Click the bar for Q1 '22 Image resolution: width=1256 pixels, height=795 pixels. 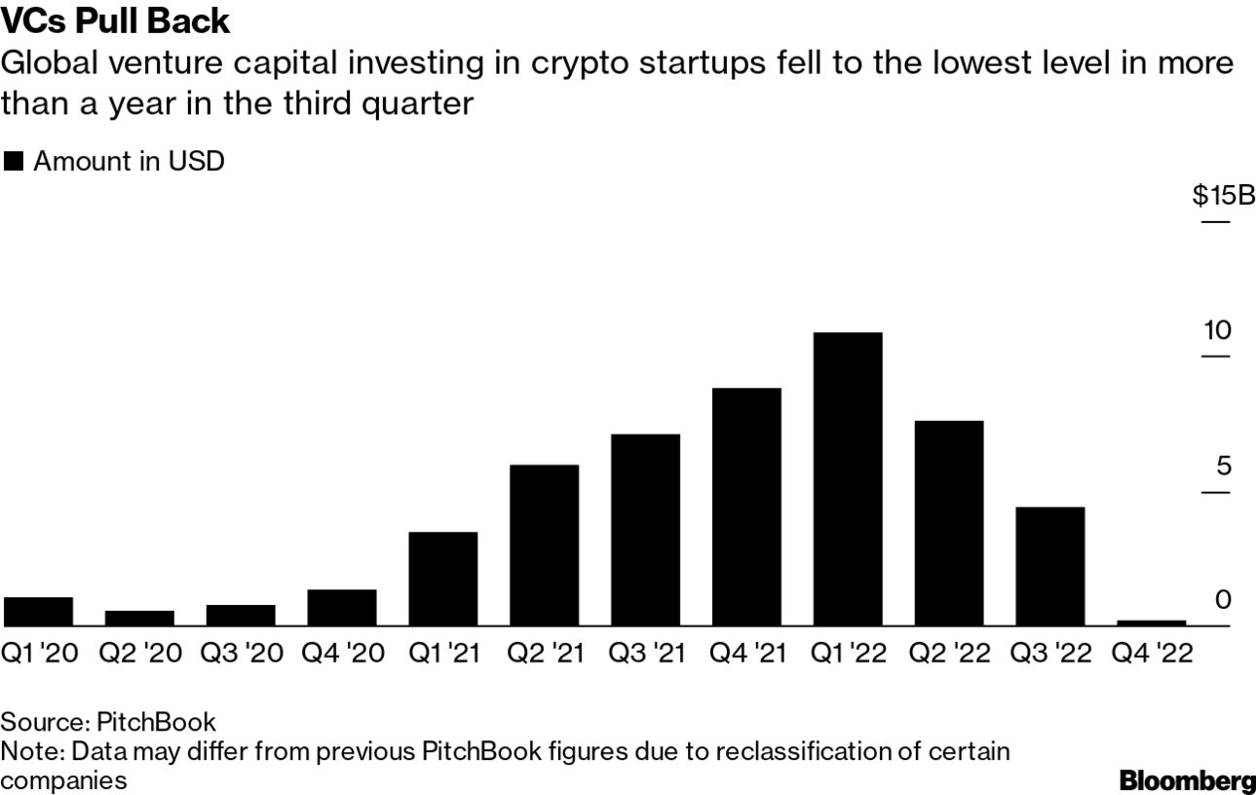click(x=847, y=478)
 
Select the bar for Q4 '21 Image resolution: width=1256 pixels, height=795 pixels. click(x=746, y=507)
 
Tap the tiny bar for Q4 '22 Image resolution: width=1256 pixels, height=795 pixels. click(x=1151, y=623)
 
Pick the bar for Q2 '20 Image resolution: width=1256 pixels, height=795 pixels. click(x=139, y=618)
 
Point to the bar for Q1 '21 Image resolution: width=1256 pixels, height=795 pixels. click(x=443, y=579)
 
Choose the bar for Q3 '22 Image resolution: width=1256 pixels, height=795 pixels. click(x=1049, y=566)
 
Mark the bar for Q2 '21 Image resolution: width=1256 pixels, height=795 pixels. click(x=544, y=545)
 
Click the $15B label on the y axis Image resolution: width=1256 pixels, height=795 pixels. click(x=1223, y=197)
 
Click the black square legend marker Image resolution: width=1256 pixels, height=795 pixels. click(x=14, y=162)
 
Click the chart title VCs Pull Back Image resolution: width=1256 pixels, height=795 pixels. click(x=115, y=20)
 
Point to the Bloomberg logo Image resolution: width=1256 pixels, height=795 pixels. click(x=1187, y=780)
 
